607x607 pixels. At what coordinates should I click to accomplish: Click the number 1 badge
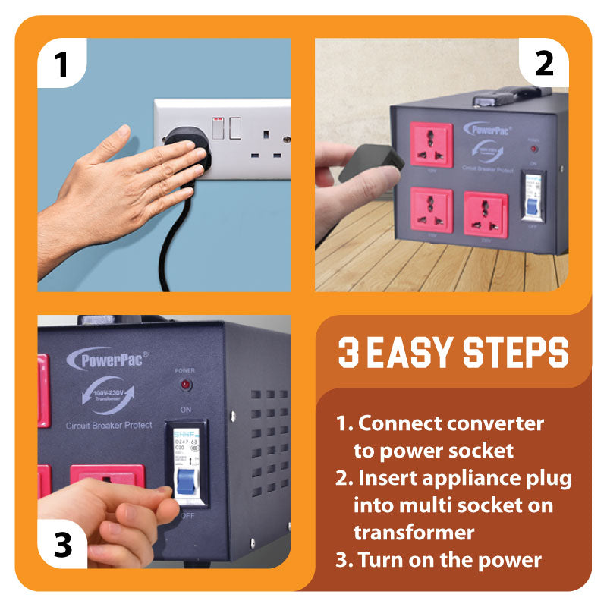pos(61,64)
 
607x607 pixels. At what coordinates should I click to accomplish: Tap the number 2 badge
pos(544,64)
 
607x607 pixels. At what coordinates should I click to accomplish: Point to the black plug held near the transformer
pos(370,162)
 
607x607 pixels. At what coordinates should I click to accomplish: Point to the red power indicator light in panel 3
pos(185,386)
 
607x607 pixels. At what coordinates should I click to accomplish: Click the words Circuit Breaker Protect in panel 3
pos(109,425)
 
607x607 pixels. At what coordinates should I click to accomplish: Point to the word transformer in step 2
pos(414,532)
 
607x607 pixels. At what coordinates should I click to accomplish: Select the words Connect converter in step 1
pos(451,423)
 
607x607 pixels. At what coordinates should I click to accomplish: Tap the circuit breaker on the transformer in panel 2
pos(533,197)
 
